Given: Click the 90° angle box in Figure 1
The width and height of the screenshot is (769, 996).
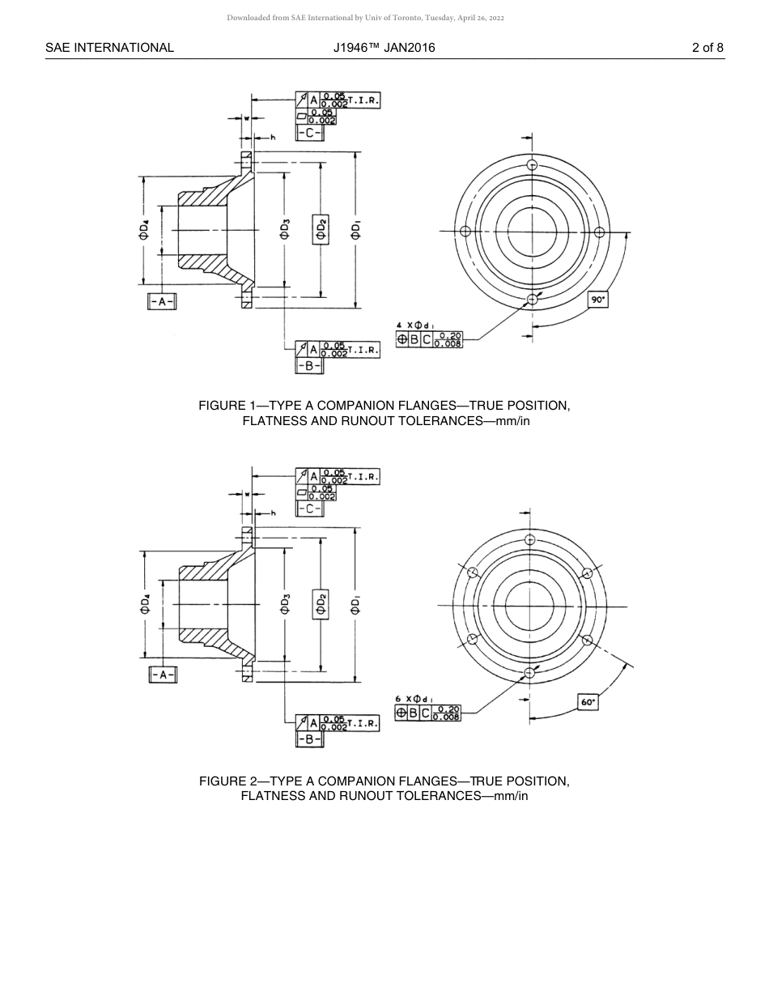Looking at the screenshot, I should (598, 300).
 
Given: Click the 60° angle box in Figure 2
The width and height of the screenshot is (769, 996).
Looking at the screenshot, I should (588, 702).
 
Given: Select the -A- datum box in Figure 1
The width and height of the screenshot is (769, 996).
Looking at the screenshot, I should (163, 301).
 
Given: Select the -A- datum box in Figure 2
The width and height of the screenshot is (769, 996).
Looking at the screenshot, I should (163, 675).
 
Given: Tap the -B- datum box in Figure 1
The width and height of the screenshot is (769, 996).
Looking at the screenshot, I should (310, 365).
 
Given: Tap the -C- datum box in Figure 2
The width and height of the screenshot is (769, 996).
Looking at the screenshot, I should (310, 509).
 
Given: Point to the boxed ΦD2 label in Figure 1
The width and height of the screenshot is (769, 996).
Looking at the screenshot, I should (321, 230).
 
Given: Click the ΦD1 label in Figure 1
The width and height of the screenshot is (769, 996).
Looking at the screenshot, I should (356, 230).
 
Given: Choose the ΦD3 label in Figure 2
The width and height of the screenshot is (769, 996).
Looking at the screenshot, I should (285, 605).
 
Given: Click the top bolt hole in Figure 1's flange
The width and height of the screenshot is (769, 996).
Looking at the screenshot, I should (532, 164).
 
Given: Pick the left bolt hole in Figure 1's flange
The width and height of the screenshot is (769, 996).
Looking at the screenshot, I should (465, 232).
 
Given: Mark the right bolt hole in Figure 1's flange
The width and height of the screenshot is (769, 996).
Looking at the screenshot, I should (599, 232).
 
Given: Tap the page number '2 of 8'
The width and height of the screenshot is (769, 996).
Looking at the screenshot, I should (707, 48).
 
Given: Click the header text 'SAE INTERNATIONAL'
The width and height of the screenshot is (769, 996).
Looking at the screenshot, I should (109, 48).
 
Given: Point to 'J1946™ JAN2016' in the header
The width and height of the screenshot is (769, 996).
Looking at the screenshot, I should (384, 48).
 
